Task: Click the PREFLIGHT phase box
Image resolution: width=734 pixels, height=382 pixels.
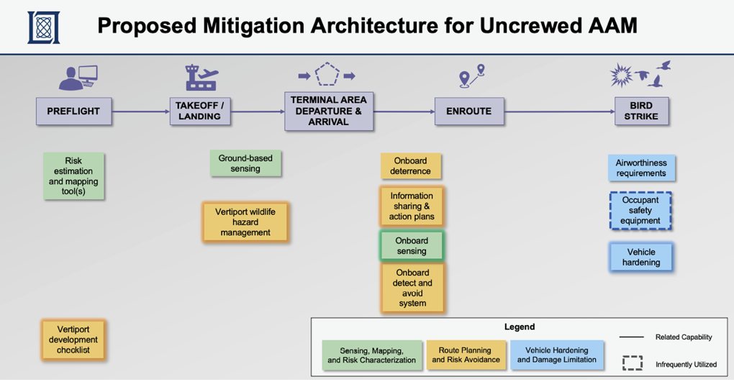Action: [73, 112]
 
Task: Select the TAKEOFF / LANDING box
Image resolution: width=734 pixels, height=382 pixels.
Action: [199, 112]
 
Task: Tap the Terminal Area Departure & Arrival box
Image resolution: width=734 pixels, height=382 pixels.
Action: [329, 111]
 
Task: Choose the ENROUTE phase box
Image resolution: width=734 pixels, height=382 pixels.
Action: [468, 112]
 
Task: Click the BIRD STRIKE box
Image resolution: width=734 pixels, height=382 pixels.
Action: [640, 112]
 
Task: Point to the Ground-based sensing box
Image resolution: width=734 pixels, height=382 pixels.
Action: [245, 163]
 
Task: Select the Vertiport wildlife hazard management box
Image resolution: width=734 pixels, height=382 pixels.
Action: [245, 222]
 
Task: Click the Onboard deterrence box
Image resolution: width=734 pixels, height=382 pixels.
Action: [410, 166]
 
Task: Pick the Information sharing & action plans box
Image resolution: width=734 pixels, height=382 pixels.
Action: [412, 206]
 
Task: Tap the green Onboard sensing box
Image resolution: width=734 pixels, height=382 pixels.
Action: [412, 246]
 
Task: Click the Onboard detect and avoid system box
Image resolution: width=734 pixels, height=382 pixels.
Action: [412, 288]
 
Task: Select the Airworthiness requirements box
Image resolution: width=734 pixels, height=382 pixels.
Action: [640, 168]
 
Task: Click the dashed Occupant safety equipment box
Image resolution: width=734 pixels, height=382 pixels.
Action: [640, 211]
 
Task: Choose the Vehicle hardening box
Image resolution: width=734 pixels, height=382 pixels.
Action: [640, 258]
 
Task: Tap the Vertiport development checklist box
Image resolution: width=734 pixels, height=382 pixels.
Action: [73, 340]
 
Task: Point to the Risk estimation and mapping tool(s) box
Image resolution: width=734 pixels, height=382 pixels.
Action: [73, 177]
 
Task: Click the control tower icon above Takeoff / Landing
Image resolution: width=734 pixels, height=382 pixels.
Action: [201, 77]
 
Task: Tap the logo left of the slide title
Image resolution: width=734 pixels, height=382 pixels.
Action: [43, 27]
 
